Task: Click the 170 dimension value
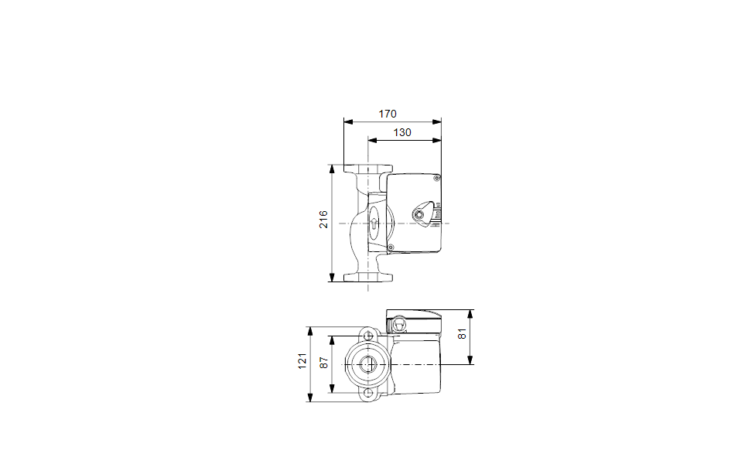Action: point(387,114)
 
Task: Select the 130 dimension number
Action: point(402,132)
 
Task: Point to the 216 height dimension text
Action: point(323,219)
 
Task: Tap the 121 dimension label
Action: point(302,361)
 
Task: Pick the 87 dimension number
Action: point(324,363)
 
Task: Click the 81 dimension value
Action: point(462,333)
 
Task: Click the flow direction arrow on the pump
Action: point(374,223)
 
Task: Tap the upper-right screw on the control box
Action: point(437,178)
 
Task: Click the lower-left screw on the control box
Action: point(391,247)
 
